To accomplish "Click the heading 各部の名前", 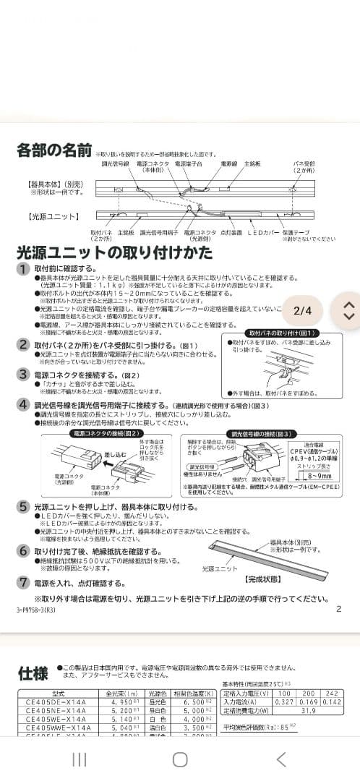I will click(54, 151).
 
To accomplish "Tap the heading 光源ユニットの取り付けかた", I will click(114, 252).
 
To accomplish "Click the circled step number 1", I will click(24, 269).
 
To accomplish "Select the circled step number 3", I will click(24, 375).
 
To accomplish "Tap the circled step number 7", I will click(24, 582).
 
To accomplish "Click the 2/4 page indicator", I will click(302, 311).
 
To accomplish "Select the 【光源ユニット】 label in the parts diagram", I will click(53, 215).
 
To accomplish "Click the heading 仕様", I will click(33, 674).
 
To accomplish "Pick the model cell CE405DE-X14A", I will click(56, 701).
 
